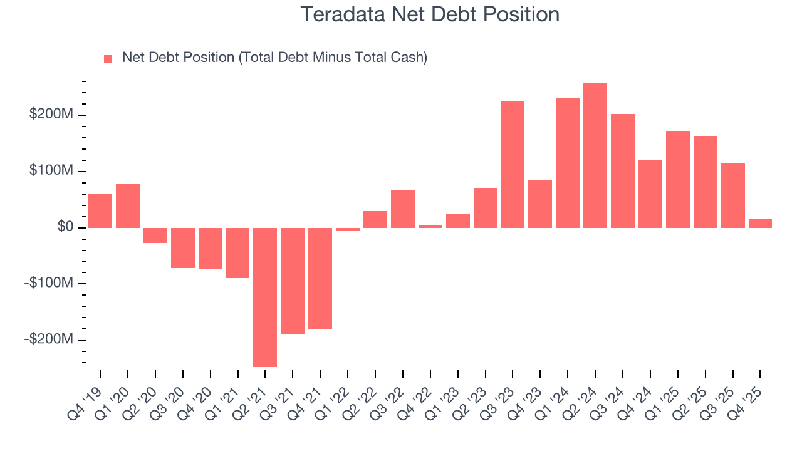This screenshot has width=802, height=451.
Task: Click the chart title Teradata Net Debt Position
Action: [430, 14]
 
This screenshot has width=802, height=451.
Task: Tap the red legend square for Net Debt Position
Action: [108, 58]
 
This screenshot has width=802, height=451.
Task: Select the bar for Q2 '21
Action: [265, 297]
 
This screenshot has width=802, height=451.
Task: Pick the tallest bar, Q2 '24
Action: [595, 155]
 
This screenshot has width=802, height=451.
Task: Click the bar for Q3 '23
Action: [513, 164]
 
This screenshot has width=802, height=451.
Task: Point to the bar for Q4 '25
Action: [760, 224]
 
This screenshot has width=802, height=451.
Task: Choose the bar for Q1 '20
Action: [128, 205]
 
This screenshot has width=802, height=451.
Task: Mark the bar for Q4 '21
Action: [320, 278]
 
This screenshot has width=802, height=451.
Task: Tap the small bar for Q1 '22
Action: [348, 229]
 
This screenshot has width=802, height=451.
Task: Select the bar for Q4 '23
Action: [540, 204]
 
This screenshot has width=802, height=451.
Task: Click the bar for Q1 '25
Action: [677, 179]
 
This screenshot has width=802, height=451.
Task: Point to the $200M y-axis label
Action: [51, 115]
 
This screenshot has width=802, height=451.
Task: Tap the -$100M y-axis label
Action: [49, 283]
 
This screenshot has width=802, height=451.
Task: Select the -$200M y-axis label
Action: [49, 339]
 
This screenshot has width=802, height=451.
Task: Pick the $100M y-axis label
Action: [51, 171]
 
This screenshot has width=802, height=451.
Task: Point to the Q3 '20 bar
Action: [183, 247]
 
